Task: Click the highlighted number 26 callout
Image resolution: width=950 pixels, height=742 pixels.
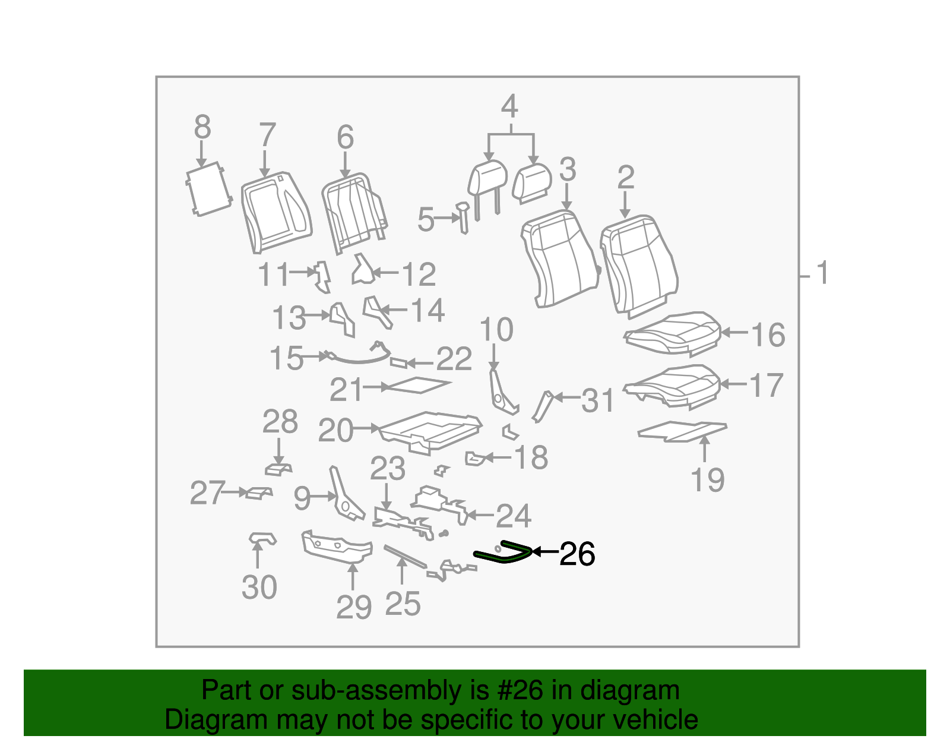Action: [x=577, y=554]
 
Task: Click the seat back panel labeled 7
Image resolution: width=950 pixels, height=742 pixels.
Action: [x=276, y=212]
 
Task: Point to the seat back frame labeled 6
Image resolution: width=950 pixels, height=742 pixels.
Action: [x=354, y=212]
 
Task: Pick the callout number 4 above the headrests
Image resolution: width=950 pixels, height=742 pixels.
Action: [x=510, y=106]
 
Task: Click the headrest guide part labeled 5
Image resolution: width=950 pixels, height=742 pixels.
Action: [x=463, y=217]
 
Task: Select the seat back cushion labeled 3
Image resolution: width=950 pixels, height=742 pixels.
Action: [x=560, y=259]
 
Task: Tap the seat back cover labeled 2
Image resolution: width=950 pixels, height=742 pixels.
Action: [x=639, y=266]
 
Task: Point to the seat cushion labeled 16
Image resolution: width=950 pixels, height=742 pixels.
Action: [x=672, y=333]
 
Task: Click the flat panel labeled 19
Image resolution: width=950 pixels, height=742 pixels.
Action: [x=682, y=431]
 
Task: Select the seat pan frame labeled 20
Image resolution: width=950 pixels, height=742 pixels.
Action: [x=430, y=432]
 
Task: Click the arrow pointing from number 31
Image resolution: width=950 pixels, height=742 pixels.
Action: [x=567, y=397]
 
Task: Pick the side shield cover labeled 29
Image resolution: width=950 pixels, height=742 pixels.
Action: [x=337, y=546]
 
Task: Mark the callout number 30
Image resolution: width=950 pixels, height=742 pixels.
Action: [x=259, y=587]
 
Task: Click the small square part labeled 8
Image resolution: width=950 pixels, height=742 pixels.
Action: [x=208, y=189]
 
